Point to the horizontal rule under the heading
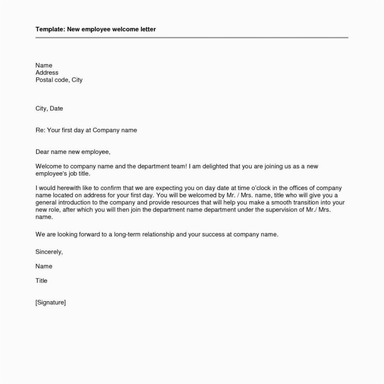pos(192,38)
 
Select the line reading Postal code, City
pos(59,80)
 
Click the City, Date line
pos(49,108)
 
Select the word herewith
pos(68,188)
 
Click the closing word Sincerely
pos(49,252)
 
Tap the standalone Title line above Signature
pos(41,280)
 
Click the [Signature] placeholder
pos(51,302)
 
